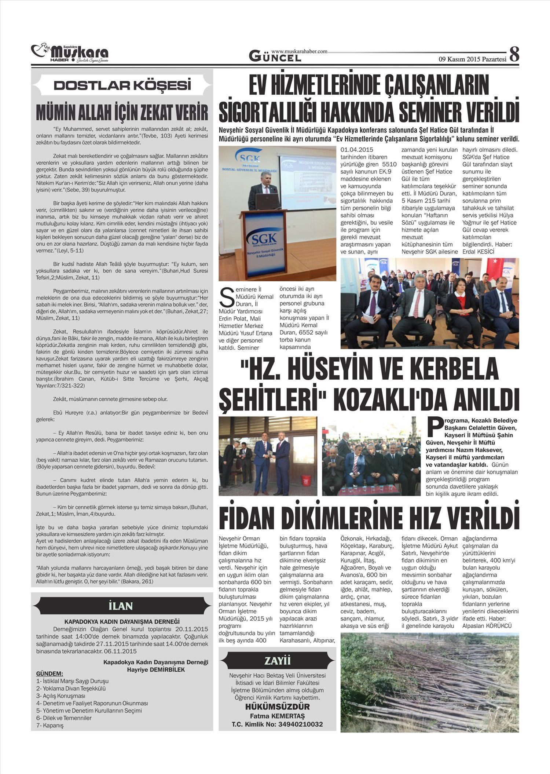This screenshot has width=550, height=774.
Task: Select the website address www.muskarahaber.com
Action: [299, 51]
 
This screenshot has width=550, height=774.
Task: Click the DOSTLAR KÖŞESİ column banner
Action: [122, 85]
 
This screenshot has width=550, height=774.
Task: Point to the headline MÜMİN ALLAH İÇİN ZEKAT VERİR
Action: [122, 113]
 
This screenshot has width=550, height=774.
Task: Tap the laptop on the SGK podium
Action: [267, 201]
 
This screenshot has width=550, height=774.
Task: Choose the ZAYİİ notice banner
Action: [277, 661]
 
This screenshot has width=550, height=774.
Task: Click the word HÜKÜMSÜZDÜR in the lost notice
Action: [277, 707]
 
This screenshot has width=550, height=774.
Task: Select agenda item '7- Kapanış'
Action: [50, 726]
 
